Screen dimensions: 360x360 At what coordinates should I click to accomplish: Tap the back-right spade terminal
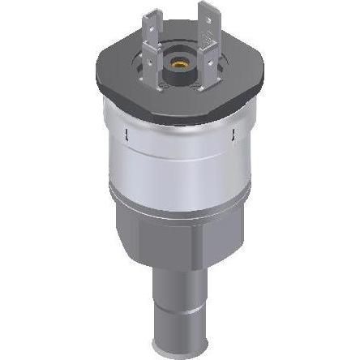click(207, 18)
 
